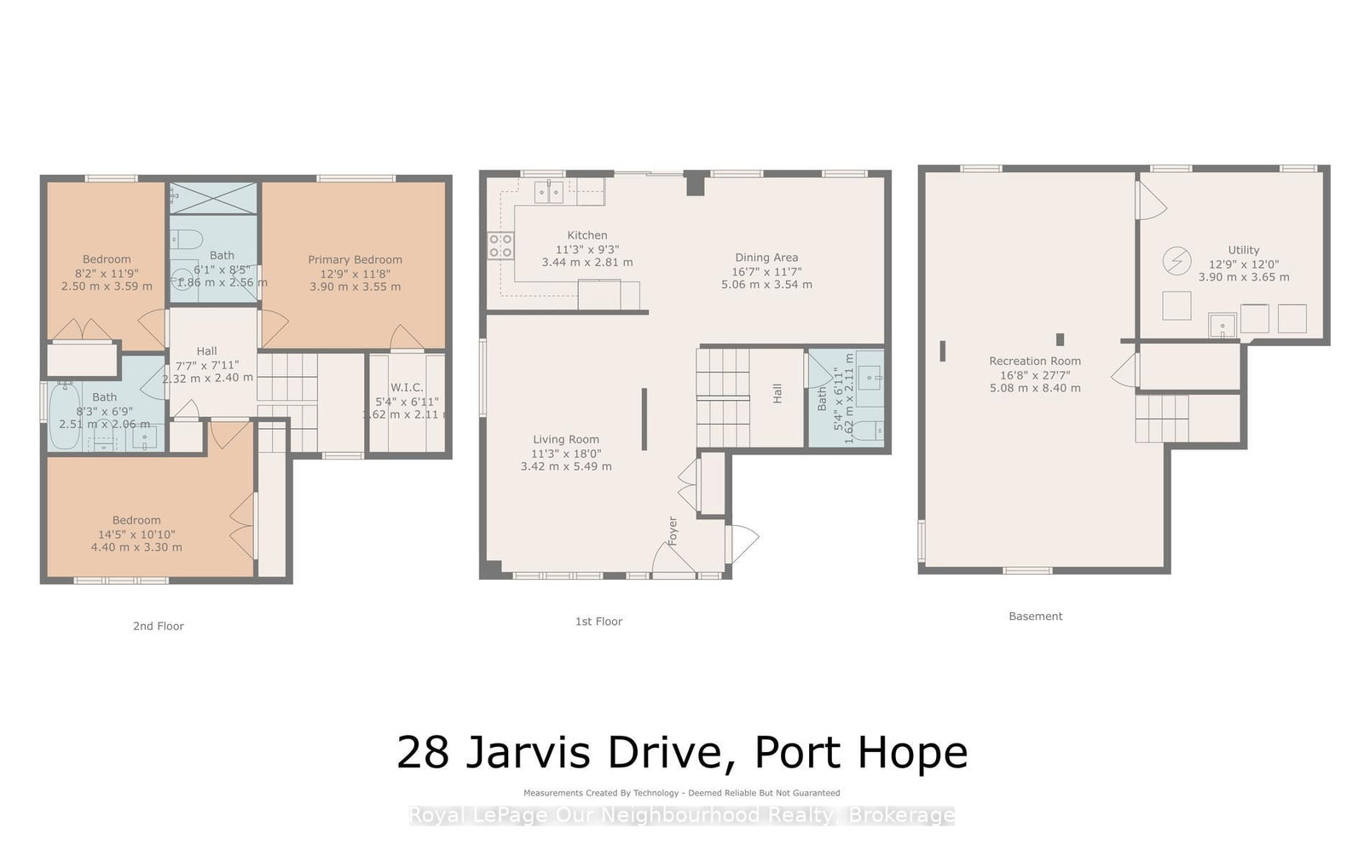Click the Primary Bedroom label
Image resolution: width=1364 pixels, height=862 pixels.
355,259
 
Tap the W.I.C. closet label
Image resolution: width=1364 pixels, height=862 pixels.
407,387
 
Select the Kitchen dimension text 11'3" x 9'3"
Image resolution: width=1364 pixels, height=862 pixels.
587,249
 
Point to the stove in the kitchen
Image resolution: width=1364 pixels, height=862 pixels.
500,246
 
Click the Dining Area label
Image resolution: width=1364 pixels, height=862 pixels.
766,257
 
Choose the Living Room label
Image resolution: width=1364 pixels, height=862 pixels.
566,439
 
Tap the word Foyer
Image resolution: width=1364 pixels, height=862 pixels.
673,530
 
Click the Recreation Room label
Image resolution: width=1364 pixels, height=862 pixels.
1035,361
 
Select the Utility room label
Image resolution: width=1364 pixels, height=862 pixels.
1243,250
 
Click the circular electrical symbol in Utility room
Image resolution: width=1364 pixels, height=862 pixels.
1177,260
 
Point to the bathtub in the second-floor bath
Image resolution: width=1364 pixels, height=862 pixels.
65,417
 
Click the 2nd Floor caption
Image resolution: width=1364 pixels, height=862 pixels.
159,626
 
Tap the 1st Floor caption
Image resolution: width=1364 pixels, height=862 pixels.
598,622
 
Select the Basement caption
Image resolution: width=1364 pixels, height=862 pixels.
1035,616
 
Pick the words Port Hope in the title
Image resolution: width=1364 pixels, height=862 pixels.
861,752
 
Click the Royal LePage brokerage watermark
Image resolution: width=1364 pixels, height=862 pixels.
682,815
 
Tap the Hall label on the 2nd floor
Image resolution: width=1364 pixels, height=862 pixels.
206,350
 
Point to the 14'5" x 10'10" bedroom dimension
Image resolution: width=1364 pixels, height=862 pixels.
136,534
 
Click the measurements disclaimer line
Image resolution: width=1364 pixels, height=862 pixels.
682,793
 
